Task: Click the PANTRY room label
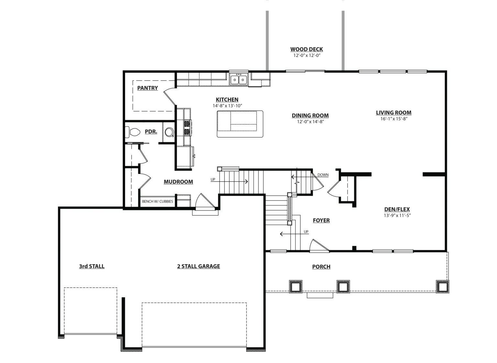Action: click(x=148, y=88)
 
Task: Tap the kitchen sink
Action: click(x=238, y=80)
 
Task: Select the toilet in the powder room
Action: click(x=133, y=132)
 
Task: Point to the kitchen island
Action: click(x=240, y=124)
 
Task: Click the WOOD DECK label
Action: click(x=307, y=49)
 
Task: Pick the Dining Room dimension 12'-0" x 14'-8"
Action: click(x=310, y=122)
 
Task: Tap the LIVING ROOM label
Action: click(x=393, y=113)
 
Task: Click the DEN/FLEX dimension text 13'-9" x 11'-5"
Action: click(x=397, y=215)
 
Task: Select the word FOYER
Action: click(x=321, y=221)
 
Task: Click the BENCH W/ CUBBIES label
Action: click(x=158, y=201)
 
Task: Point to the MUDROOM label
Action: click(x=178, y=182)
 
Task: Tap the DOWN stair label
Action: click(x=323, y=175)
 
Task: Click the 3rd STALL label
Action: click(x=92, y=266)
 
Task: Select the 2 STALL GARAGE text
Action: click(x=199, y=266)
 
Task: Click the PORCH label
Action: click(x=321, y=267)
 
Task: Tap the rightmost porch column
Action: click(x=442, y=286)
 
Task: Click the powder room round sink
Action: click(x=169, y=132)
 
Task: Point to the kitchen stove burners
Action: click(x=188, y=128)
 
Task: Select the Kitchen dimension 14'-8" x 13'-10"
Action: click(x=227, y=106)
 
